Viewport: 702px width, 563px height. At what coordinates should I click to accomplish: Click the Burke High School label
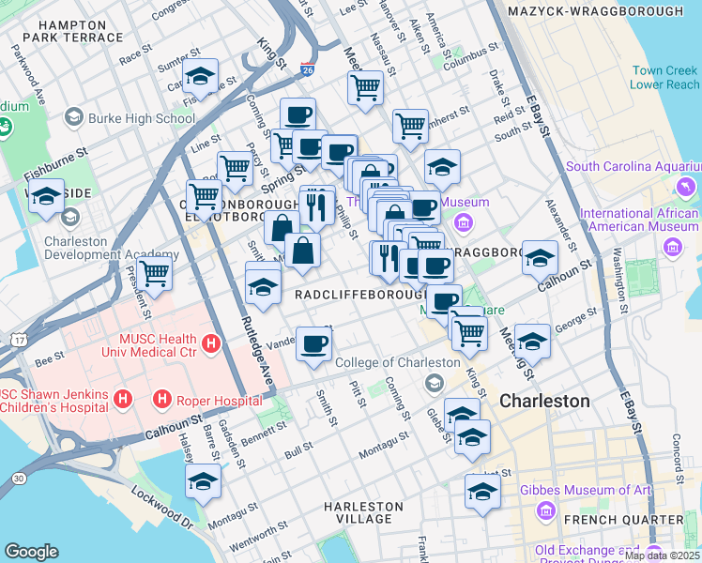(x=141, y=118)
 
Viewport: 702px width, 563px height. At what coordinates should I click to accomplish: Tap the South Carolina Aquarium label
(x=633, y=167)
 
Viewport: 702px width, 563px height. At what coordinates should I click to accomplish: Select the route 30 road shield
(x=18, y=479)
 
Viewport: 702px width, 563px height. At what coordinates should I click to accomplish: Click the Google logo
(x=31, y=552)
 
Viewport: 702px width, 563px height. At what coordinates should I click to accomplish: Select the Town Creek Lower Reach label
(x=664, y=77)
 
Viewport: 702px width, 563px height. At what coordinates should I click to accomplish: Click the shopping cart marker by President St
(x=155, y=273)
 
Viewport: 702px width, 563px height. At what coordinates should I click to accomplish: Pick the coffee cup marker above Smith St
(x=313, y=342)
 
